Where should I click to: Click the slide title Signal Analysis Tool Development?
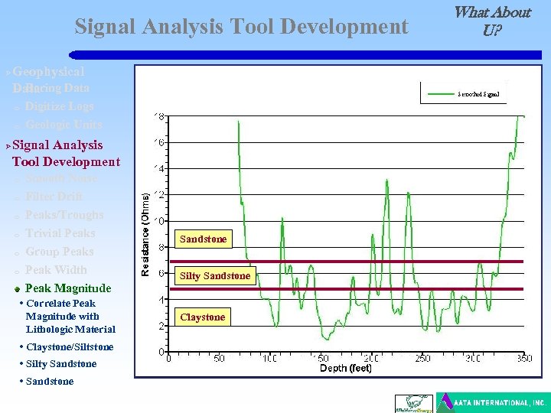[x=241, y=27]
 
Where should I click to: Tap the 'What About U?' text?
[x=491, y=21]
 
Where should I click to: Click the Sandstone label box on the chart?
[x=203, y=239]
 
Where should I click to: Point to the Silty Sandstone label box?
[x=214, y=276]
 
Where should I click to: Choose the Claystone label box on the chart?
[x=203, y=317]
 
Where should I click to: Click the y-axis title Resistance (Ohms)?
[x=145, y=233]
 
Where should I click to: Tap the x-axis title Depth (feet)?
[x=345, y=369]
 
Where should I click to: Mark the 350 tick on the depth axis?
[x=523, y=358]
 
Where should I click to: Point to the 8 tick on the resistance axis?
[x=161, y=247]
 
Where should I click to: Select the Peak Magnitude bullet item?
[x=68, y=288]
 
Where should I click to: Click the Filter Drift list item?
[x=54, y=197]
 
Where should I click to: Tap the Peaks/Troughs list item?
[x=64, y=215]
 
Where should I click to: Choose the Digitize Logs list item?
[x=59, y=106]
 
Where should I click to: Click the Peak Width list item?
[x=56, y=270]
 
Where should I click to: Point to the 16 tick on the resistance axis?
[x=159, y=142]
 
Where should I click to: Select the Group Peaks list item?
[x=59, y=252]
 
